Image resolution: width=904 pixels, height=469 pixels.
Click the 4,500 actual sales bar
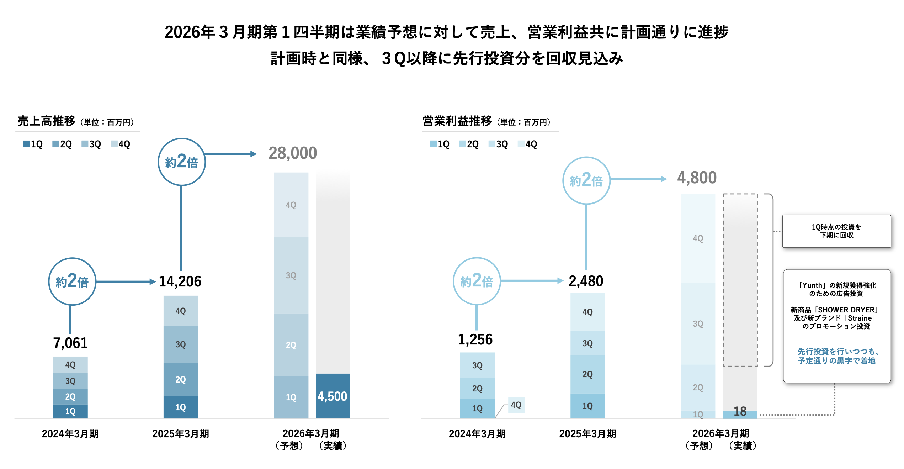pos(333,396)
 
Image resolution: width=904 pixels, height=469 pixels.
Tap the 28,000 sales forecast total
pos(292,153)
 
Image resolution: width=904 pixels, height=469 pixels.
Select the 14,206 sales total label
pos(180,281)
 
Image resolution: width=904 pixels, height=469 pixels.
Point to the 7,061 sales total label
pos(70,343)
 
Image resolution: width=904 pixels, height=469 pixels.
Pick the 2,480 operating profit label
pos(586,281)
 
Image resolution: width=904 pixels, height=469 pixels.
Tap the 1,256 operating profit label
pos(475,339)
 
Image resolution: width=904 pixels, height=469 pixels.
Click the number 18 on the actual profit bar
pos(740,411)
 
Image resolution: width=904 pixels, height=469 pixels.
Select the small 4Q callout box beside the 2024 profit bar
pos(516,405)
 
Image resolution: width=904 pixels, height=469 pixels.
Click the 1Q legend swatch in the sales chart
pos(26,144)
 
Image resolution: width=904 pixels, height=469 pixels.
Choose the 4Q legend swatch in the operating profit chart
pos(521,144)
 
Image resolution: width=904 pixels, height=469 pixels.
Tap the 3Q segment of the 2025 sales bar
pos(181,344)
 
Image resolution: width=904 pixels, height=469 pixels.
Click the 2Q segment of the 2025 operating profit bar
pos(587,374)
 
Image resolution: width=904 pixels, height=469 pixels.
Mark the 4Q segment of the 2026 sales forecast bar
pos(291,205)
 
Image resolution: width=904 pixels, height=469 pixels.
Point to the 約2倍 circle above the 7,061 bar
pos(72,281)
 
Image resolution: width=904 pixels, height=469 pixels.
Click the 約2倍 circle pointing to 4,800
pos(586,181)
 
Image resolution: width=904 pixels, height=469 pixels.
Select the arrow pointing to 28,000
pos(231,154)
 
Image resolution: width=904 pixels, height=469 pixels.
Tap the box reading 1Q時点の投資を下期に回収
pos(836,231)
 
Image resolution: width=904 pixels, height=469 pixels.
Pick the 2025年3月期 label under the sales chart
pos(180,434)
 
